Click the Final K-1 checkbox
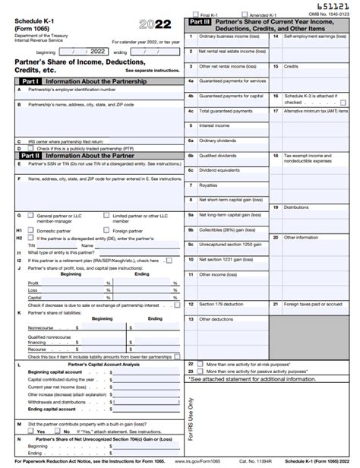click(x=195, y=14)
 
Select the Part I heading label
click(x=30, y=81)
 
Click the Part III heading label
click(x=201, y=23)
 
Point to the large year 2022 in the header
click(x=155, y=24)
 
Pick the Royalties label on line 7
click(x=208, y=185)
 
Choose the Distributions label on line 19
click(x=296, y=207)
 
